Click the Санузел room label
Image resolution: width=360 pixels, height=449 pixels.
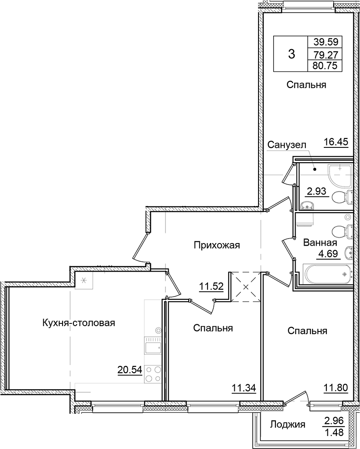286,145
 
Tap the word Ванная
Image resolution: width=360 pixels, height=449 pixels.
320,243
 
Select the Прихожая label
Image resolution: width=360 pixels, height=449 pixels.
217,245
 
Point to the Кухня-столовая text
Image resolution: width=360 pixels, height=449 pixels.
79,323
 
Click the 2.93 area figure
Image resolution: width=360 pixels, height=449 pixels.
318,193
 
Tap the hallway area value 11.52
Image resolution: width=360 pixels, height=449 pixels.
212,286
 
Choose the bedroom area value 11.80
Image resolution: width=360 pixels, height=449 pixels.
336,387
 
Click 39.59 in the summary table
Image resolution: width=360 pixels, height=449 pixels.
325,43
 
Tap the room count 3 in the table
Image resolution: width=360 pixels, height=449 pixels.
291,55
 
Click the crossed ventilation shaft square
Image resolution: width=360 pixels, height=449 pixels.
245,286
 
